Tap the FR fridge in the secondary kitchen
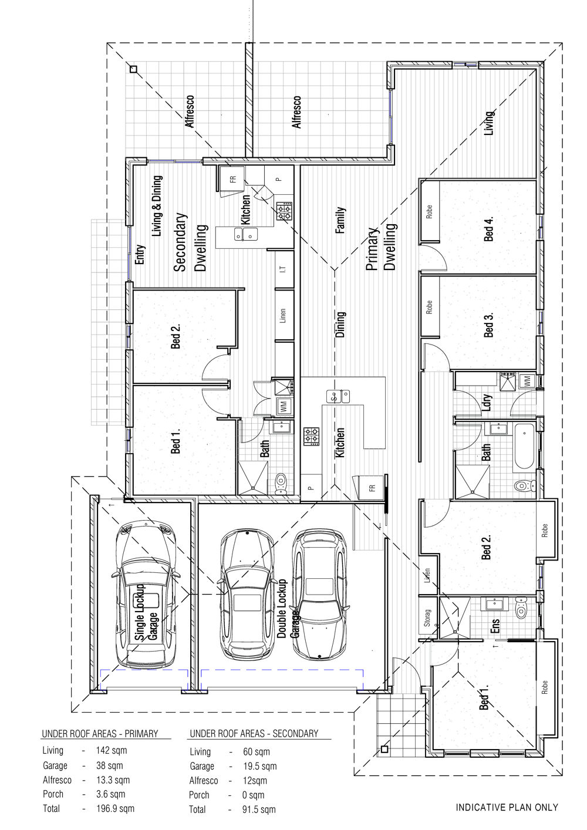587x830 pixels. click(232, 180)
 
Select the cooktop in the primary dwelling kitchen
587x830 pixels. click(311, 436)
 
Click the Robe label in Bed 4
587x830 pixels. click(429, 211)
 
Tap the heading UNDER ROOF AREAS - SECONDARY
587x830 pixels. click(254, 734)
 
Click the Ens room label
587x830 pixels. click(495, 626)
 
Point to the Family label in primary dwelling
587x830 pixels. click(340, 220)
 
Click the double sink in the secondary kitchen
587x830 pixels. click(246, 234)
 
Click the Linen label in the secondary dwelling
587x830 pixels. click(283, 316)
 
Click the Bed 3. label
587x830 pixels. click(489, 324)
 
